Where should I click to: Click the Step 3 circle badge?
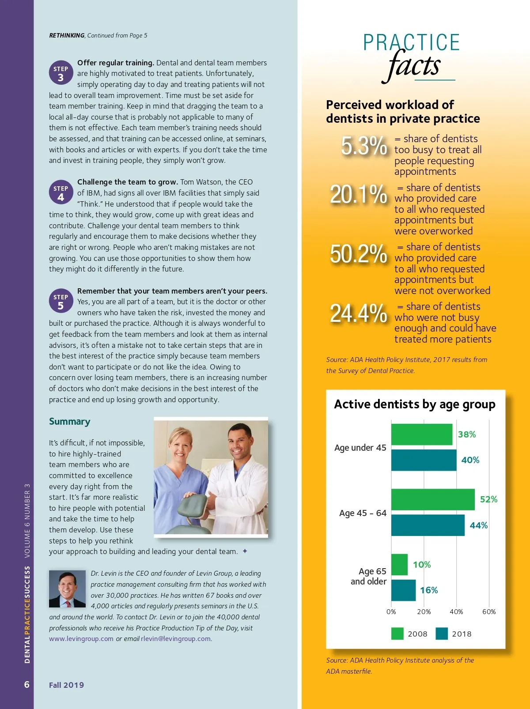coord(61,73)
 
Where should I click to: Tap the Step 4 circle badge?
coord(61,192)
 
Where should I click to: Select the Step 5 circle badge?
coord(61,301)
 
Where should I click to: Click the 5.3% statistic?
coord(364,146)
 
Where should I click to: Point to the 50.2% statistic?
coord(358,254)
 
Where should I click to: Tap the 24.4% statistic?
coord(358,313)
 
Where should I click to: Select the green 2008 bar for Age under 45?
coord(421,434)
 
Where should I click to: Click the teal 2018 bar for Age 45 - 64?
coord(428,525)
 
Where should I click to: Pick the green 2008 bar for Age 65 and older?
coord(399,565)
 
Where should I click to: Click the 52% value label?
coord(488,499)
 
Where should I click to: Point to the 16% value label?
coord(429,590)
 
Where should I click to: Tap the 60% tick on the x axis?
coord(489,612)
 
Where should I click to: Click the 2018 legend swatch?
coord(442,634)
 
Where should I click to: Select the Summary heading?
coord(69,422)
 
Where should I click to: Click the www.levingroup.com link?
coord(81,639)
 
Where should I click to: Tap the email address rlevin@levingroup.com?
coord(176,639)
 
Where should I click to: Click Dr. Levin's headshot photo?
coord(67,588)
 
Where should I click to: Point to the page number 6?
coord(27,684)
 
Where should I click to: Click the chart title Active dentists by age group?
coord(414,404)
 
